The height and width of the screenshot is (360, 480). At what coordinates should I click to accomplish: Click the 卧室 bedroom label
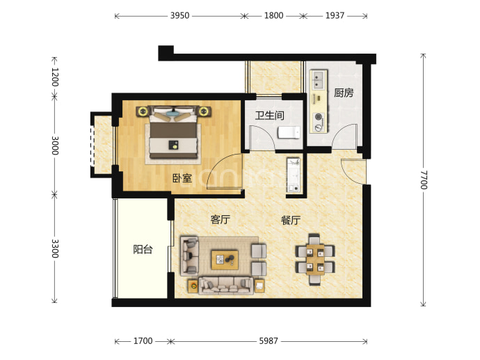(x=182, y=178)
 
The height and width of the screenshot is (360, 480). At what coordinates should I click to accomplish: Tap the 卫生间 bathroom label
(x=270, y=116)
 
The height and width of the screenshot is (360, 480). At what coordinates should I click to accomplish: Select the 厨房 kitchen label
(x=344, y=93)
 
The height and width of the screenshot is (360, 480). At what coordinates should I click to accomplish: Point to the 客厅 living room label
(x=220, y=219)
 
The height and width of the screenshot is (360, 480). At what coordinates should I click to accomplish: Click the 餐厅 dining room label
(x=291, y=220)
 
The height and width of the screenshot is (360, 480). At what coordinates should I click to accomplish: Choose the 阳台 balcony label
(x=143, y=249)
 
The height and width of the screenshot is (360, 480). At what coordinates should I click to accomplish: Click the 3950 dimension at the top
(x=179, y=15)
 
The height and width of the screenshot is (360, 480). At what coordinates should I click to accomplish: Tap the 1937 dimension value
(x=335, y=15)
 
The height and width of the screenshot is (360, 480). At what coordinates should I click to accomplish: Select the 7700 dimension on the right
(x=424, y=180)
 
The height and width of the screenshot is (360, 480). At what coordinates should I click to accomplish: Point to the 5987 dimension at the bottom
(x=269, y=341)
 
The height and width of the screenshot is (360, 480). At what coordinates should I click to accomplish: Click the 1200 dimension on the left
(x=55, y=77)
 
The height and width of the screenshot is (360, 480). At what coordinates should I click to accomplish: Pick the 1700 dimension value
(x=143, y=341)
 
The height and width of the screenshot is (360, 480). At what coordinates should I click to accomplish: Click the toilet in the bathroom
(x=289, y=132)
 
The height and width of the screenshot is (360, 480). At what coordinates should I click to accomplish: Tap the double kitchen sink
(x=318, y=79)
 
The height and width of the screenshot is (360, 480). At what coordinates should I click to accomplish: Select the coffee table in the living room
(x=225, y=260)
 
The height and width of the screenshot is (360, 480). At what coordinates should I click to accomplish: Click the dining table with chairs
(x=315, y=260)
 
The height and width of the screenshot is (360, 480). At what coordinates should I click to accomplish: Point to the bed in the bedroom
(x=173, y=132)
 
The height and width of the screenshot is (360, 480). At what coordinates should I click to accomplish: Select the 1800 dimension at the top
(x=273, y=15)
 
